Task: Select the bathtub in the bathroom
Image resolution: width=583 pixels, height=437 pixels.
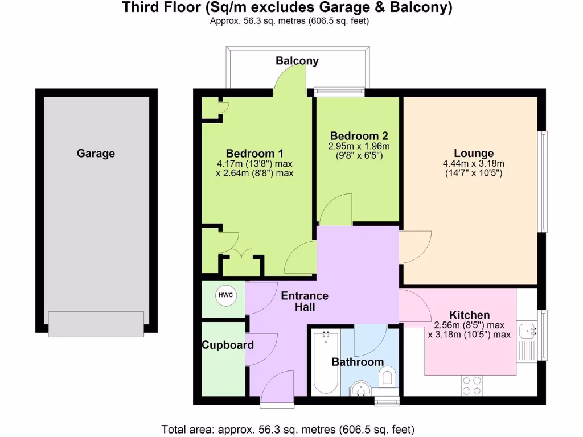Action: pyautogui.click(x=326, y=362)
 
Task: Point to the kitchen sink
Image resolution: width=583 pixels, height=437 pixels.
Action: pyautogui.click(x=529, y=329)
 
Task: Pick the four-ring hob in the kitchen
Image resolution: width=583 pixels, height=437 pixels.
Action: pyautogui.click(x=471, y=385)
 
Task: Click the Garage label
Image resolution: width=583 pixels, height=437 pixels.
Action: pyautogui.click(x=96, y=153)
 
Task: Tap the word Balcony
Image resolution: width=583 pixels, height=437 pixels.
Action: pyautogui.click(x=297, y=61)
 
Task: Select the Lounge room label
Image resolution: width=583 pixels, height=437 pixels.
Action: pyautogui.click(x=473, y=153)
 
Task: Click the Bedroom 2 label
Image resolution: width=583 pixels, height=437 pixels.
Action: pyautogui.click(x=359, y=136)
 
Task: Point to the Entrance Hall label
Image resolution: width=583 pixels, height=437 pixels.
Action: pyautogui.click(x=305, y=301)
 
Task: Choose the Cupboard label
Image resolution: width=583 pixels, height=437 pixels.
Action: pyautogui.click(x=227, y=345)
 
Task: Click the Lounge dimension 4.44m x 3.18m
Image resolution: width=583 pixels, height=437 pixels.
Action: pyautogui.click(x=473, y=164)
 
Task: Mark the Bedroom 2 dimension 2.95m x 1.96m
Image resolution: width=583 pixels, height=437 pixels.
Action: pyautogui.click(x=359, y=146)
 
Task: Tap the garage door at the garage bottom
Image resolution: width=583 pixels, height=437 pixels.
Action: pyautogui.click(x=96, y=324)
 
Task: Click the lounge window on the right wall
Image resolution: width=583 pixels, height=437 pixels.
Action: pyautogui.click(x=543, y=182)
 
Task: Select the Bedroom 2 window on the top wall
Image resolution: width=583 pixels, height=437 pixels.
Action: pyautogui.click(x=339, y=90)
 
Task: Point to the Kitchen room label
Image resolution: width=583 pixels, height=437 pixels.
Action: pyautogui.click(x=469, y=315)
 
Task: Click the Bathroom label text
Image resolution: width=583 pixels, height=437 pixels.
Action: pyautogui.click(x=358, y=362)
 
